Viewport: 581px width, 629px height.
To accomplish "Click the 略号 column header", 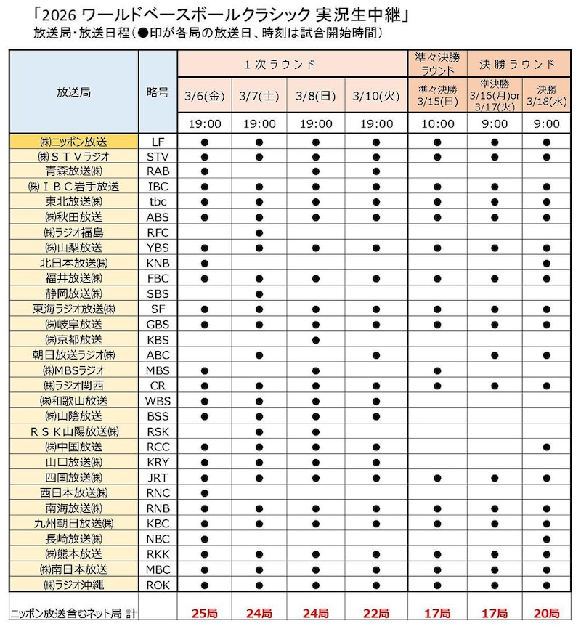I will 158,92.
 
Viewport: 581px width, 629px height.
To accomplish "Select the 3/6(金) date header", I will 205,95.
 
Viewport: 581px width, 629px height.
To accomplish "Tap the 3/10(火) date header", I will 375,95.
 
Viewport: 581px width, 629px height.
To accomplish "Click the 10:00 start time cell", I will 437,123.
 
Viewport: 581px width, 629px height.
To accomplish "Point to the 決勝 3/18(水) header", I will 546,94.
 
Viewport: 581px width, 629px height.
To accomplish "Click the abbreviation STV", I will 158,156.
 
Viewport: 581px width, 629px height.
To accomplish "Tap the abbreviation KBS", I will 158,339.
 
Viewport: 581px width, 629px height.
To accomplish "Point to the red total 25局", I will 205,613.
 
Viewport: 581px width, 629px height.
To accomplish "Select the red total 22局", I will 375,613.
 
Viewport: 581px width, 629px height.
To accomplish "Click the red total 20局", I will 546,613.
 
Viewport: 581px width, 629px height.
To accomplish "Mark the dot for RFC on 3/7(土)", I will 259,232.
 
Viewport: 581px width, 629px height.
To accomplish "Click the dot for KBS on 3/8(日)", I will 315,339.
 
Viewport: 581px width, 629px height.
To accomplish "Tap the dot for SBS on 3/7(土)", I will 259,293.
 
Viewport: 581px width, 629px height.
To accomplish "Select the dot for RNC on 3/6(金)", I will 205,492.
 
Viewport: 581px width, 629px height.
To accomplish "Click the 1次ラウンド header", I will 290,64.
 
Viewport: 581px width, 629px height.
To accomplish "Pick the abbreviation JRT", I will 158,476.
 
